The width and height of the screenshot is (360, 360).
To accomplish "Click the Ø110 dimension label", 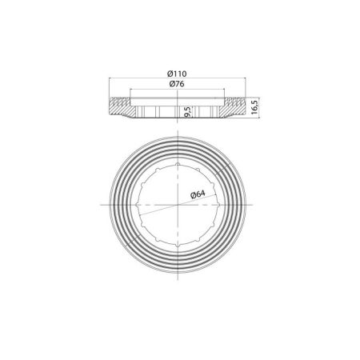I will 179,74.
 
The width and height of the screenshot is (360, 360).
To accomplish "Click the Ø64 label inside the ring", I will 198,194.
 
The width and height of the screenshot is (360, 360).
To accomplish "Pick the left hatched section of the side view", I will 120,106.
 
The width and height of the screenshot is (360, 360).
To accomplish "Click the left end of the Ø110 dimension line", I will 106,78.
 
